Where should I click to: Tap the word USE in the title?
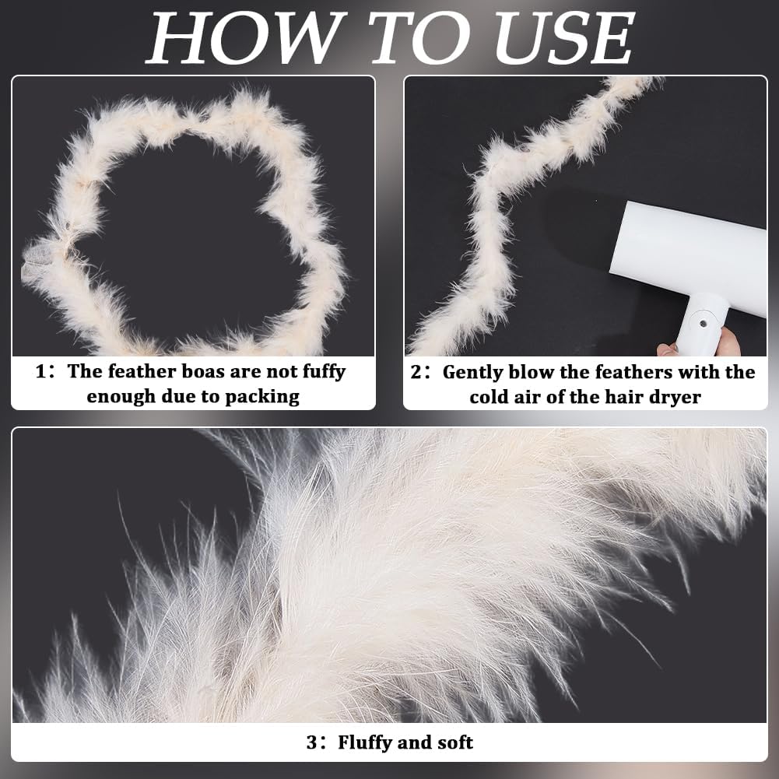pos(564,38)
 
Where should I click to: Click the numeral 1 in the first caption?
pos(40,372)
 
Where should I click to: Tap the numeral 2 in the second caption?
pos(416,372)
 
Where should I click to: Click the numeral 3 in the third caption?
pos(311,742)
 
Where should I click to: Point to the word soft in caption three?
pos(455,742)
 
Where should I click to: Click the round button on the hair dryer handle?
pos(703,324)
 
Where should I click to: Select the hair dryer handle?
pos(701,325)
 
